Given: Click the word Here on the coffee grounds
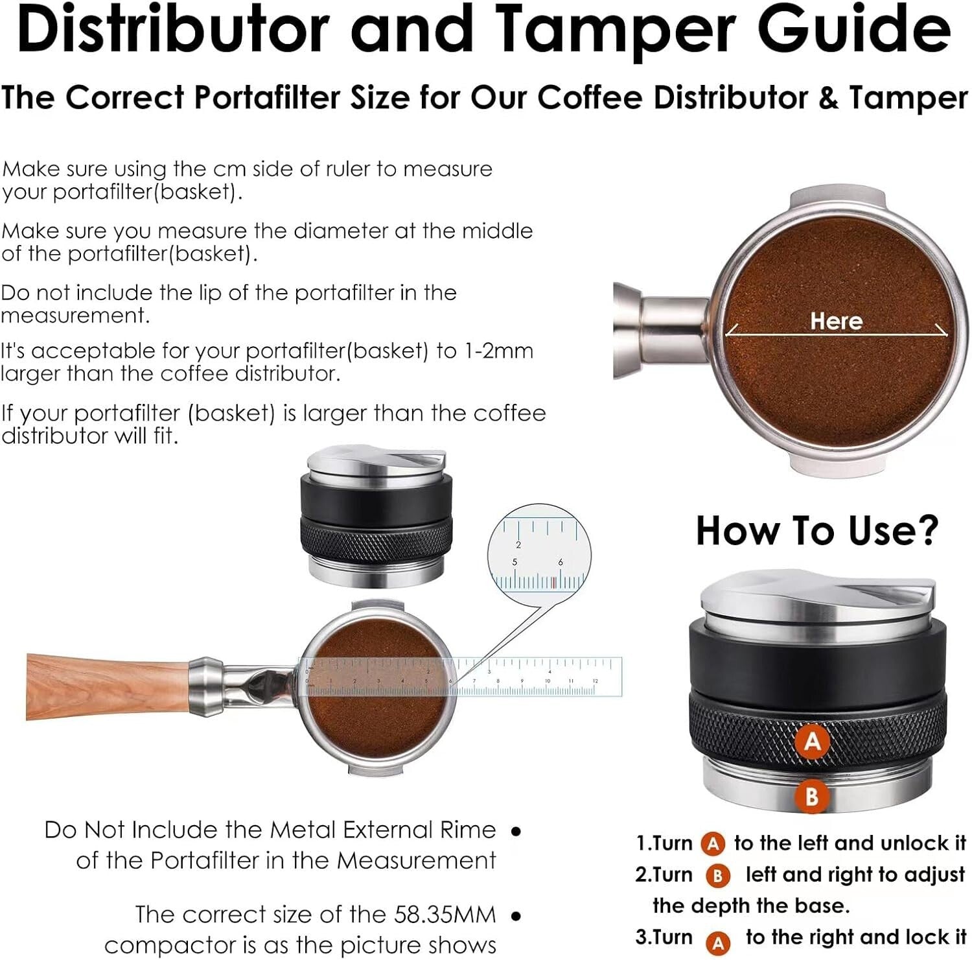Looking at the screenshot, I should coord(836,321).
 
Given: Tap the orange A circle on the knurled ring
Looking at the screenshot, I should coord(812,740).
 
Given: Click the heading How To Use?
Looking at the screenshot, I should coord(816,531).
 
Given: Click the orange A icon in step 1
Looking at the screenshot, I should coord(713,844).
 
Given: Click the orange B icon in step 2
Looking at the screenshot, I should coord(717,876).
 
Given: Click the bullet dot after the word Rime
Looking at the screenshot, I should coord(516,831).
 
